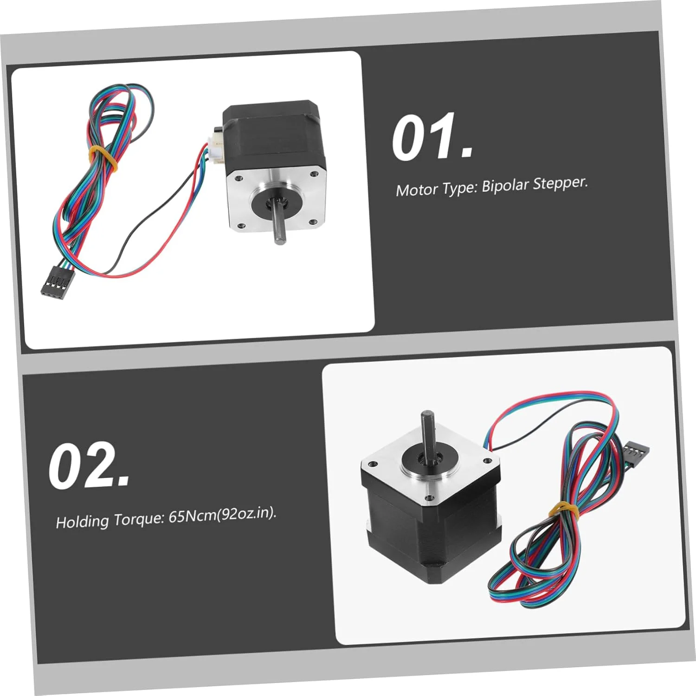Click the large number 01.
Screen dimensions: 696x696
[432, 138]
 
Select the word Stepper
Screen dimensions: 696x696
[560, 183]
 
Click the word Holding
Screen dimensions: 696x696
[82, 521]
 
